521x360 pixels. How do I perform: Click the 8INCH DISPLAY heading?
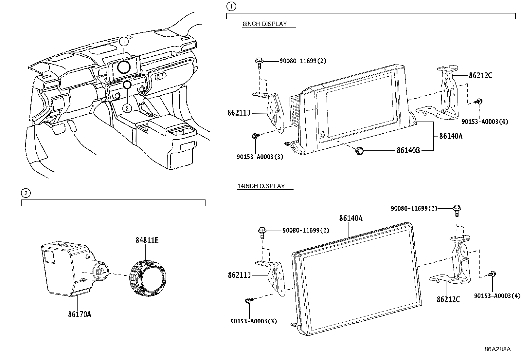coord(264,24)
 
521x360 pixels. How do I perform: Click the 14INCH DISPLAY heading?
coord(261,186)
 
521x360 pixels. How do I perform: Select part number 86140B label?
coord(408,150)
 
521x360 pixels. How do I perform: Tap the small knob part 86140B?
coord(359,151)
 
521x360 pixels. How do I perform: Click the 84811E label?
coord(147,240)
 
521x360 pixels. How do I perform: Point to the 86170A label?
coord(79,314)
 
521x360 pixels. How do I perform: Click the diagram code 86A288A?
coord(497,349)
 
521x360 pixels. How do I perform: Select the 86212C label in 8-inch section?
coord(480,76)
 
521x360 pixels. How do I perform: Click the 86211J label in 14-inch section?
coord(239,275)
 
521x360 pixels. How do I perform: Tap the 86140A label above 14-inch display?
coord(350,218)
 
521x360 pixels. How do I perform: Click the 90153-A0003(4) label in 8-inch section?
coord(485,122)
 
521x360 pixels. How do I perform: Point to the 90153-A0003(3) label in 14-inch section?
coord(253,321)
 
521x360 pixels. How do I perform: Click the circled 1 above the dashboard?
coord(124,42)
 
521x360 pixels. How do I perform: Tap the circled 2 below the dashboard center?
coord(127,107)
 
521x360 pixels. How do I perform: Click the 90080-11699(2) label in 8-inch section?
coord(303,61)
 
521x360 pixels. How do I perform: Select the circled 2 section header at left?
coord(26,193)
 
